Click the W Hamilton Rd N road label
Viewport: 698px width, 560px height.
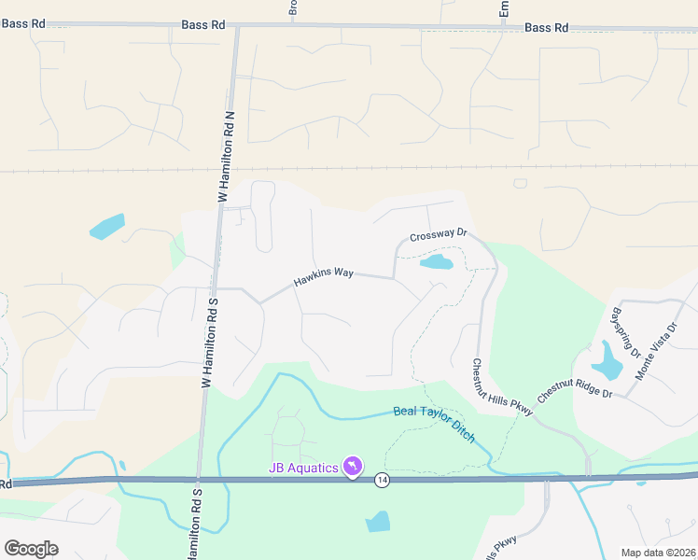pos(223,154)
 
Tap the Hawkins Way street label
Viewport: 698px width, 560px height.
pos(324,276)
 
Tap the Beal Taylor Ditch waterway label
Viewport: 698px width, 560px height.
pos(434,424)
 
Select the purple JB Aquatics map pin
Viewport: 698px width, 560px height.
pos(353,465)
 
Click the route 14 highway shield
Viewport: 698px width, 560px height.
pos(383,480)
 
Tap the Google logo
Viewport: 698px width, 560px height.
pos(31,549)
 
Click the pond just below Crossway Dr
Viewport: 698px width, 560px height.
pos(437,262)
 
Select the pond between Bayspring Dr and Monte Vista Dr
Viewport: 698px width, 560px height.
pos(607,360)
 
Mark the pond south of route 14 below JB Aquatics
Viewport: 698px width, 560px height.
pos(378,521)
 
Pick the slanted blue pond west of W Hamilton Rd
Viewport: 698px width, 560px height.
pos(106,227)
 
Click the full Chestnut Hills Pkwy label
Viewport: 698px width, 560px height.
pos(501,388)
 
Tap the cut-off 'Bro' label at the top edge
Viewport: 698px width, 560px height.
pos(293,8)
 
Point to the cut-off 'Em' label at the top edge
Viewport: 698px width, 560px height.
pos(504,7)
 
